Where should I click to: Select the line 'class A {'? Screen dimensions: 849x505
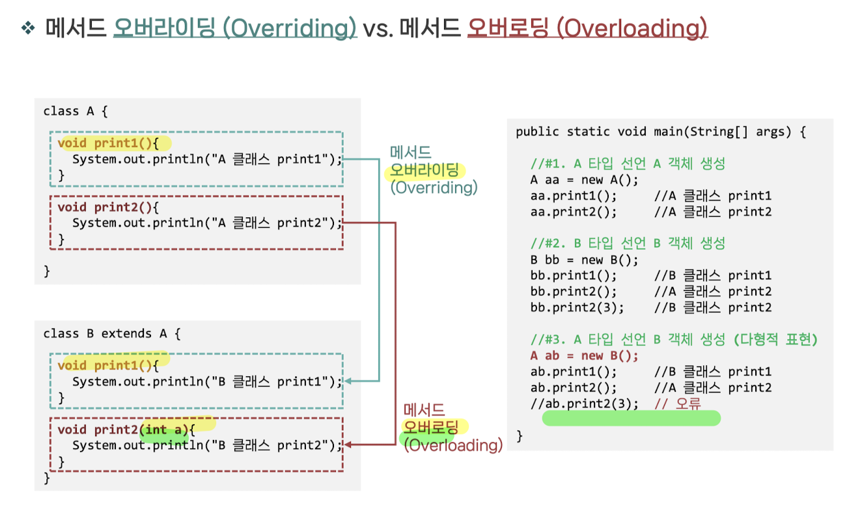(76, 111)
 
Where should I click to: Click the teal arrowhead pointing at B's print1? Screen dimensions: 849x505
(349, 381)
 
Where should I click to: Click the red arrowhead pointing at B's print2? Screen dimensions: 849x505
(349, 445)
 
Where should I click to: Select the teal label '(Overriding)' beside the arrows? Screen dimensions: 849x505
(434, 188)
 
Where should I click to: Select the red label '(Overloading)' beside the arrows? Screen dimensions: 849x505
(453, 446)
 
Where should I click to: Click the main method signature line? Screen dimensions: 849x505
(661, 132)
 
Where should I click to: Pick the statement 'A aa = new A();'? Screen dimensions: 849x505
(585, 180)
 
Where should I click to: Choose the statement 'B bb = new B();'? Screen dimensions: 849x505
(585, 260)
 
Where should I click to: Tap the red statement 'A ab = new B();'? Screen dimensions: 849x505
(585, 355)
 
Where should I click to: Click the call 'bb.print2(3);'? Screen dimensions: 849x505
(577, 307)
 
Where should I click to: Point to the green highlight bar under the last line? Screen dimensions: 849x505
(631, 418)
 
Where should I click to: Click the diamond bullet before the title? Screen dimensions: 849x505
(27, 29)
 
